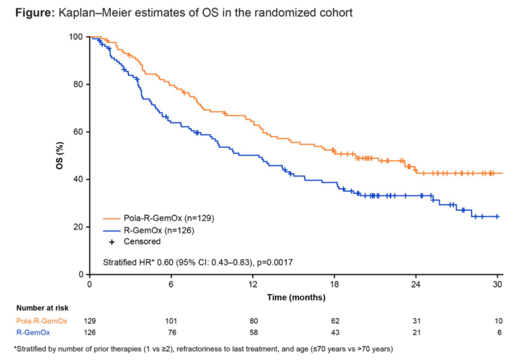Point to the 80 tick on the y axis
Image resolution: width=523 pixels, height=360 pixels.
[78, 84]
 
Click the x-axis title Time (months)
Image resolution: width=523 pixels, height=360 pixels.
[296, 297]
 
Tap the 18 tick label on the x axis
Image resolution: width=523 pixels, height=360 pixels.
[334, 284]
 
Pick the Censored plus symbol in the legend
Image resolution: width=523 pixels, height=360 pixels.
[111, 241]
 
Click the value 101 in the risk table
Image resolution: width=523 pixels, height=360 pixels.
[171, 320]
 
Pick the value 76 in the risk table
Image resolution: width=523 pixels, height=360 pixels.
[171, 332]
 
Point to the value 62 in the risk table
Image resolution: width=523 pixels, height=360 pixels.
[334, 320]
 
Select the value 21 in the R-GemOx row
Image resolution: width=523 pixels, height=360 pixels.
[416, 332]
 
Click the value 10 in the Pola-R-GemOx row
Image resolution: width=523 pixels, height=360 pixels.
[498, 320]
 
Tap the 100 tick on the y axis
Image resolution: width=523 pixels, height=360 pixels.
[77, 37]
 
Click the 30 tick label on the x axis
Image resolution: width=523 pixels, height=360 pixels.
[498, 284]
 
